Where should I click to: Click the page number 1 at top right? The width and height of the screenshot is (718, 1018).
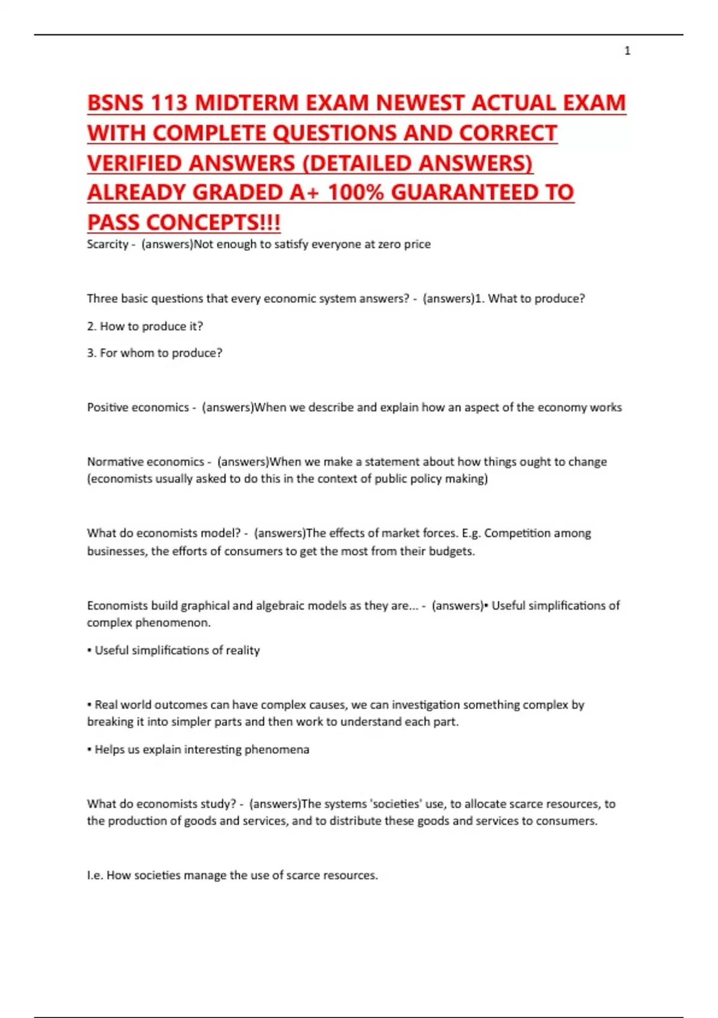[627, 51]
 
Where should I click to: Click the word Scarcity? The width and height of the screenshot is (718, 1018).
[108, 244]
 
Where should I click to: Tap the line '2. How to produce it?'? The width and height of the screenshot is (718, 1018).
[145, 326]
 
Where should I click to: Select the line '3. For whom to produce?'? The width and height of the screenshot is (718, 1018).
[154, 353]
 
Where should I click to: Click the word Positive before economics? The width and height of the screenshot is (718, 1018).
[108, 408]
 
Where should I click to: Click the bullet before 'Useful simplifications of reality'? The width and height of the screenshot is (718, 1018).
[90, 650]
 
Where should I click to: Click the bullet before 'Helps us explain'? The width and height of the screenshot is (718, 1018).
[90, 750]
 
